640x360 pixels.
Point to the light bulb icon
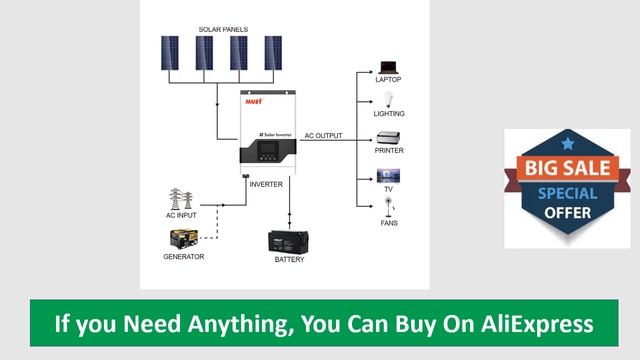388,100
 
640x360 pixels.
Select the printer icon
388,137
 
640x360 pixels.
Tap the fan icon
388,208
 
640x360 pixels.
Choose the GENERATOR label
184,257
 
